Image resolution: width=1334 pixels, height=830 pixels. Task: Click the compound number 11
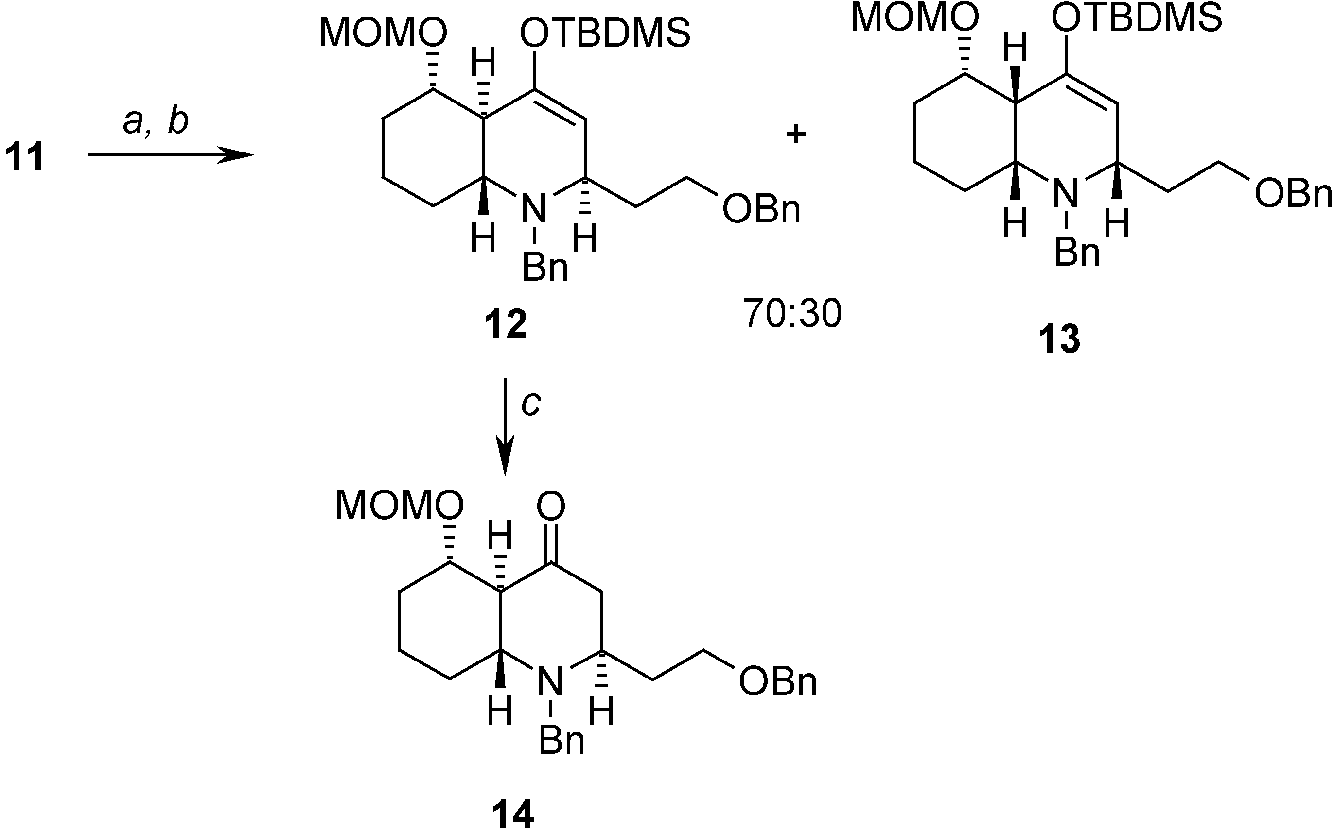(x=25, y=157)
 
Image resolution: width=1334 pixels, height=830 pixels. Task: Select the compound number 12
(x=506, y=324)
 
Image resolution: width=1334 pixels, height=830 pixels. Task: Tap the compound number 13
(x=1059, y=339)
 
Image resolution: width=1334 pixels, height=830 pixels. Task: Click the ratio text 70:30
(x=792, y=315)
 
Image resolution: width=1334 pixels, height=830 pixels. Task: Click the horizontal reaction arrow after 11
(x=170, y=155)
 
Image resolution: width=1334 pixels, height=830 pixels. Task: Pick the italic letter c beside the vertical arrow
(x=531, y=404)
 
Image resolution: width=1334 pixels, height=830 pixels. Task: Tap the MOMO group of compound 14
(x=400, y=506)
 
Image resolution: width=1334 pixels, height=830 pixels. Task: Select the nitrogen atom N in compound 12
(x=534, y=209)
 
